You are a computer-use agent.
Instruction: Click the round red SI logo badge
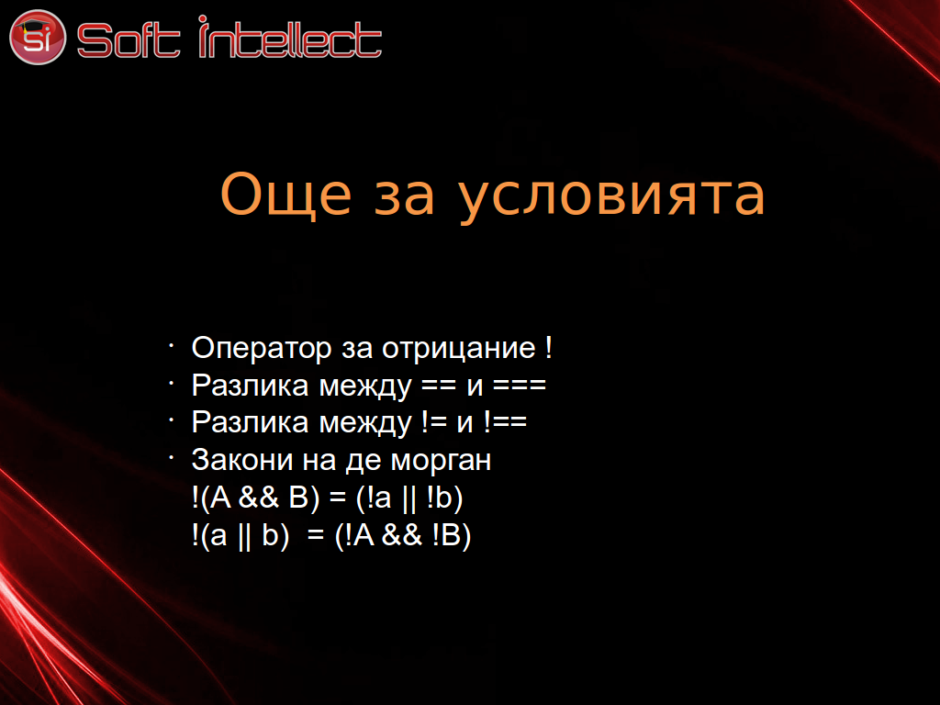click(x=37, y=37)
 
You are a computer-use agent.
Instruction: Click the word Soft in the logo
click(x=129, y=40)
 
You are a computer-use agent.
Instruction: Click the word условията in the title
click(x=612, y=198)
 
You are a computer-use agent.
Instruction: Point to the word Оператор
click(x=262, y=349)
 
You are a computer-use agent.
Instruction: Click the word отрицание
click(x=459, y=349)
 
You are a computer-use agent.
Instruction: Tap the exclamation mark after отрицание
click(x=549, y=347)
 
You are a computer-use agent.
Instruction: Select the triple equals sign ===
click(x=520, y=386)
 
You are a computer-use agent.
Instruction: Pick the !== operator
click(x=505, y=422)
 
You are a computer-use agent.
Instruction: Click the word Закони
click(x=242, y=461)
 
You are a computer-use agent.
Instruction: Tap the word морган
click(x=441, y=462)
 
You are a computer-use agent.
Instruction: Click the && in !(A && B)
click(x=259, y=498)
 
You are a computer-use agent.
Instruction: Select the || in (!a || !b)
click(x=408, y=498)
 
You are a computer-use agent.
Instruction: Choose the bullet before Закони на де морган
click(x=171, y=457)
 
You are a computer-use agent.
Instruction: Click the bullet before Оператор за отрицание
click(x=171, y=345)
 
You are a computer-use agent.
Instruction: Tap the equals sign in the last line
click(x=316, y=535)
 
